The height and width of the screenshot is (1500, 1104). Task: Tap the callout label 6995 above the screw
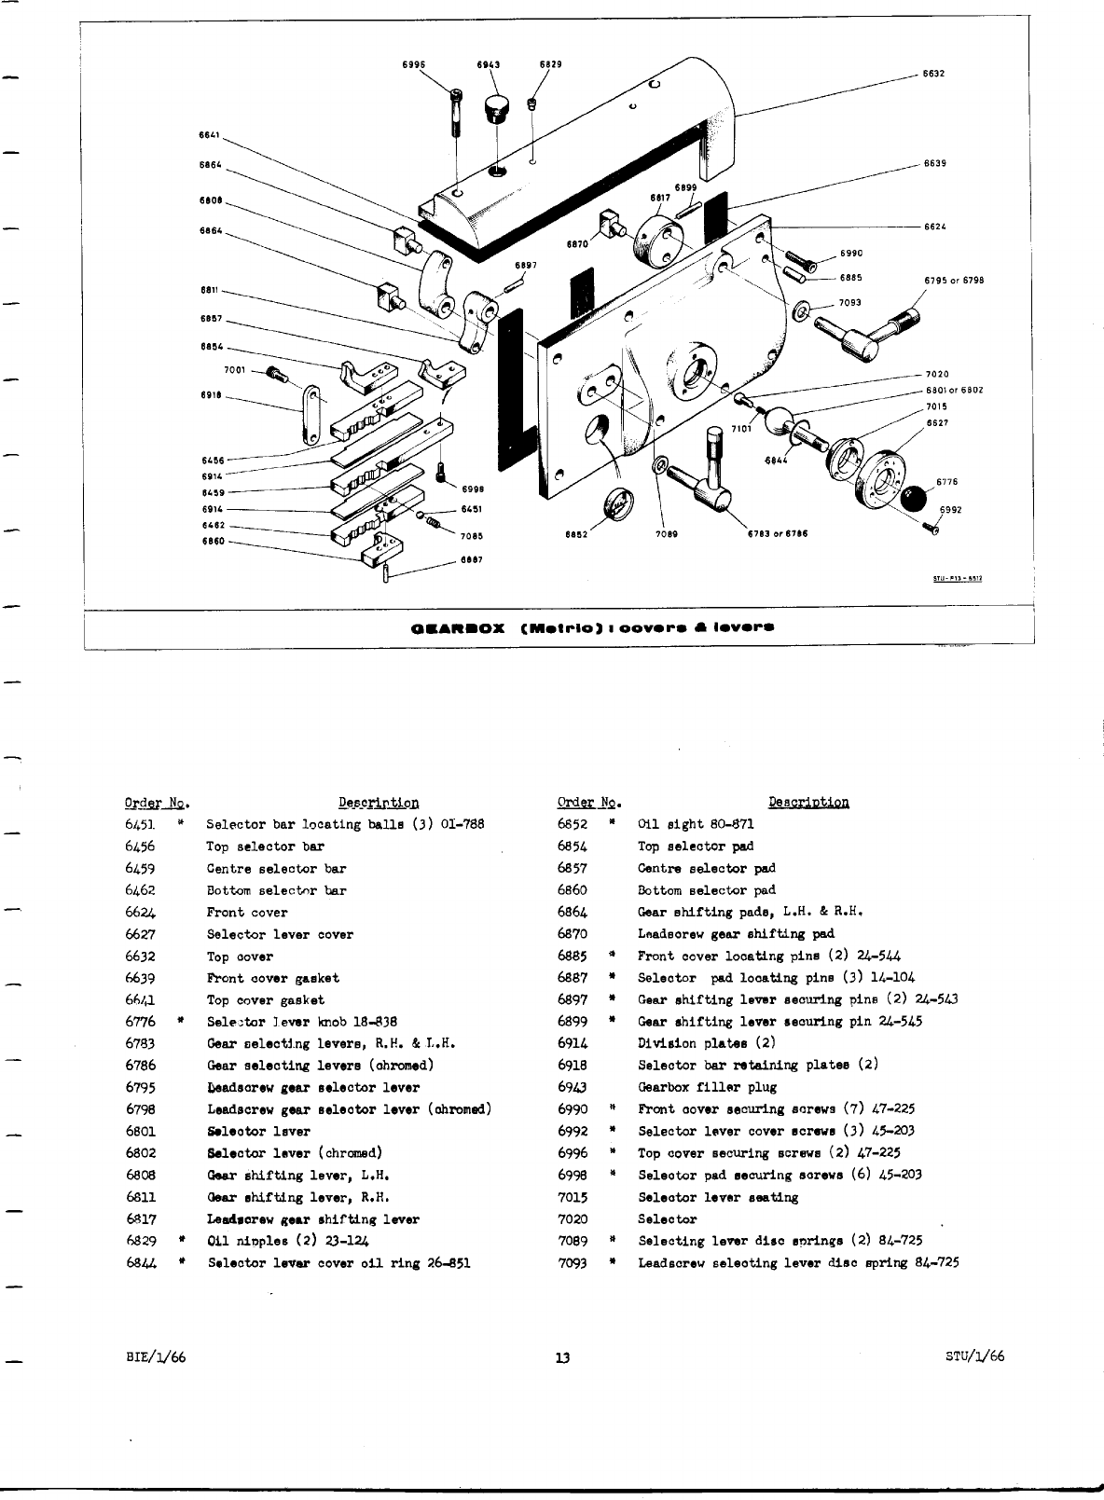coord(414,64)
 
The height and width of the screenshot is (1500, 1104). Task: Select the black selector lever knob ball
coord(917,498)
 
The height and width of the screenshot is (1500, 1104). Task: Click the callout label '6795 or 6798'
coord(955,281)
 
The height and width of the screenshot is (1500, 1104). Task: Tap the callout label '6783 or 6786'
coord(777,535)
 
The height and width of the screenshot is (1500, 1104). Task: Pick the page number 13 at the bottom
coord(562,1357)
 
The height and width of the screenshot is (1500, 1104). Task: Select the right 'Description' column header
coord(808,803)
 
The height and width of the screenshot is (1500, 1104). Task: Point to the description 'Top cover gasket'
coord(266,1000)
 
